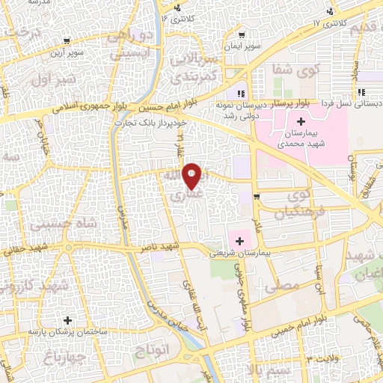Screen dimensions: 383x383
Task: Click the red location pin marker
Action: point(192,175)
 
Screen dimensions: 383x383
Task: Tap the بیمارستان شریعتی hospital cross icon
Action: point(239,241)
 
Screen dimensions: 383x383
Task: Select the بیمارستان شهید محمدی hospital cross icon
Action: point(301,122)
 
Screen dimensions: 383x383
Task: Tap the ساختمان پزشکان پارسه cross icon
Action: point(68,319)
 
